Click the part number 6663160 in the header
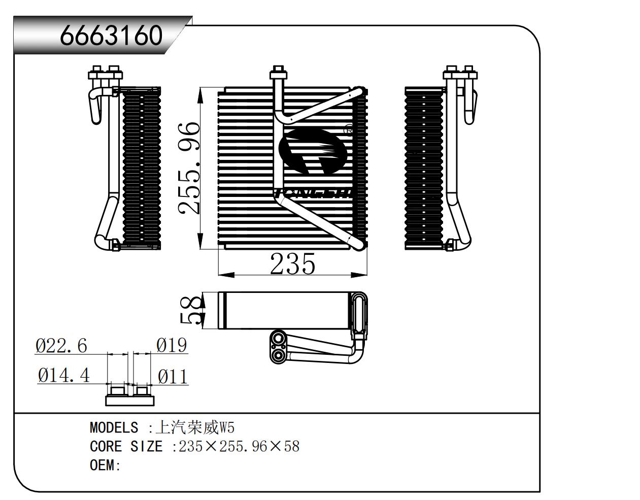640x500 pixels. coord(111,36)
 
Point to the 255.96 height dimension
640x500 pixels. coord(188,168)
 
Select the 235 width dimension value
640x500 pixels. coord(292,263)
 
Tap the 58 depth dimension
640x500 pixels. coord(190,310)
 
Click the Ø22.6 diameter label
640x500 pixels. coord(61,346)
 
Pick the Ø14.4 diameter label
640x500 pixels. coord(63,376)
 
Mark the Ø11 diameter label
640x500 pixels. coord(173,376)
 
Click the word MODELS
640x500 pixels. coord(114,427)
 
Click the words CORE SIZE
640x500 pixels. coord(126,446)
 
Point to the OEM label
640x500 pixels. coord(103,465)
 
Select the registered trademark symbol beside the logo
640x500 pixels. coord(349,130)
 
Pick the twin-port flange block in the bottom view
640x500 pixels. coord(278,347)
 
